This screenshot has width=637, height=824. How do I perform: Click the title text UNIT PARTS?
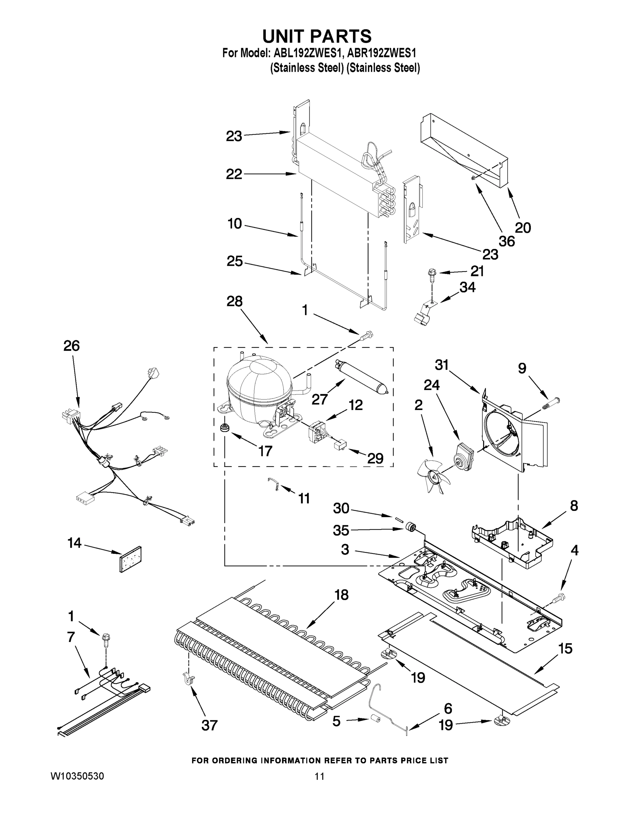[317, 37]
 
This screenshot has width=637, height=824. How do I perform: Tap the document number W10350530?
[77, 776]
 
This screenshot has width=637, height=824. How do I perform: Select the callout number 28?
[234, 301]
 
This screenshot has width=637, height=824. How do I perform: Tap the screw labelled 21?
[431, 274]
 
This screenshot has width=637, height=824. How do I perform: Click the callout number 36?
[507, 241]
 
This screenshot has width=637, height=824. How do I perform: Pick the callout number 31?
[442, 365]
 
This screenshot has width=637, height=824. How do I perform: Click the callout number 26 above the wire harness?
[71, 346]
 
